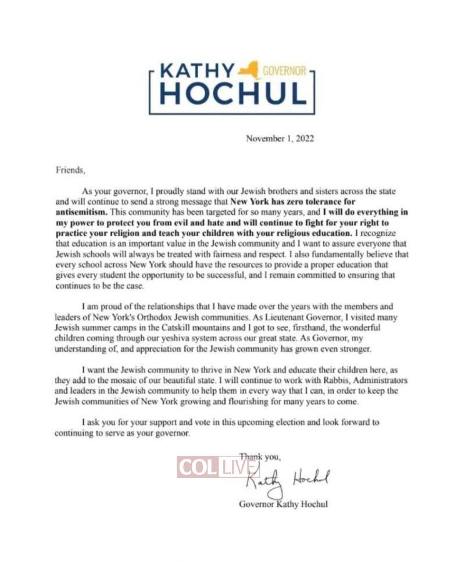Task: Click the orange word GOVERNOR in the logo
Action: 285,71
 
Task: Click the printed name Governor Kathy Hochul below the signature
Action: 283,504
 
